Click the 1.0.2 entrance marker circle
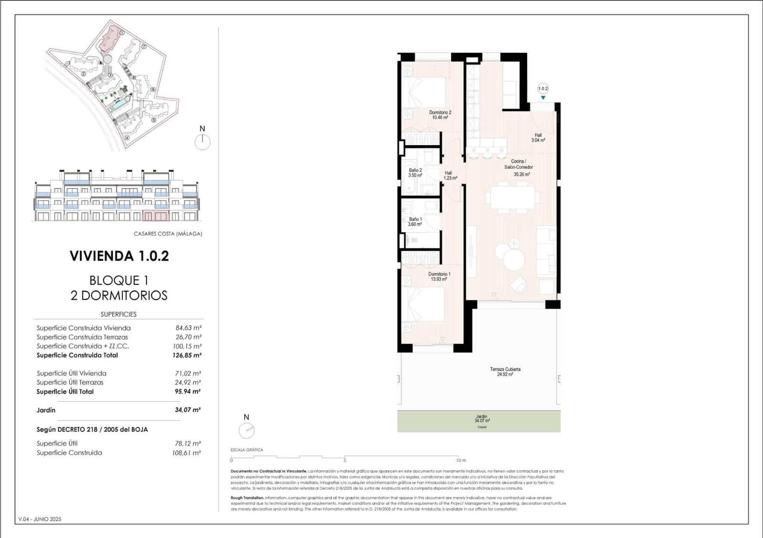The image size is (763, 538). point(543,88)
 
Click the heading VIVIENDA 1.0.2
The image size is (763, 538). point(119,256)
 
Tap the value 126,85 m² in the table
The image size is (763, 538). point(186,355)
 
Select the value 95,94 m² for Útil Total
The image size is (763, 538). point(187,391)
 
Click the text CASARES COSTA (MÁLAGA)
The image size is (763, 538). point(168,234)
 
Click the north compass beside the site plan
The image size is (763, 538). point(203,141)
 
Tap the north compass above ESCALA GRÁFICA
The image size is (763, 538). point(247,431)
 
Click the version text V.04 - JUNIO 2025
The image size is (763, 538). point(40,519)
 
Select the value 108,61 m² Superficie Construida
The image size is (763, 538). point(186,453)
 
